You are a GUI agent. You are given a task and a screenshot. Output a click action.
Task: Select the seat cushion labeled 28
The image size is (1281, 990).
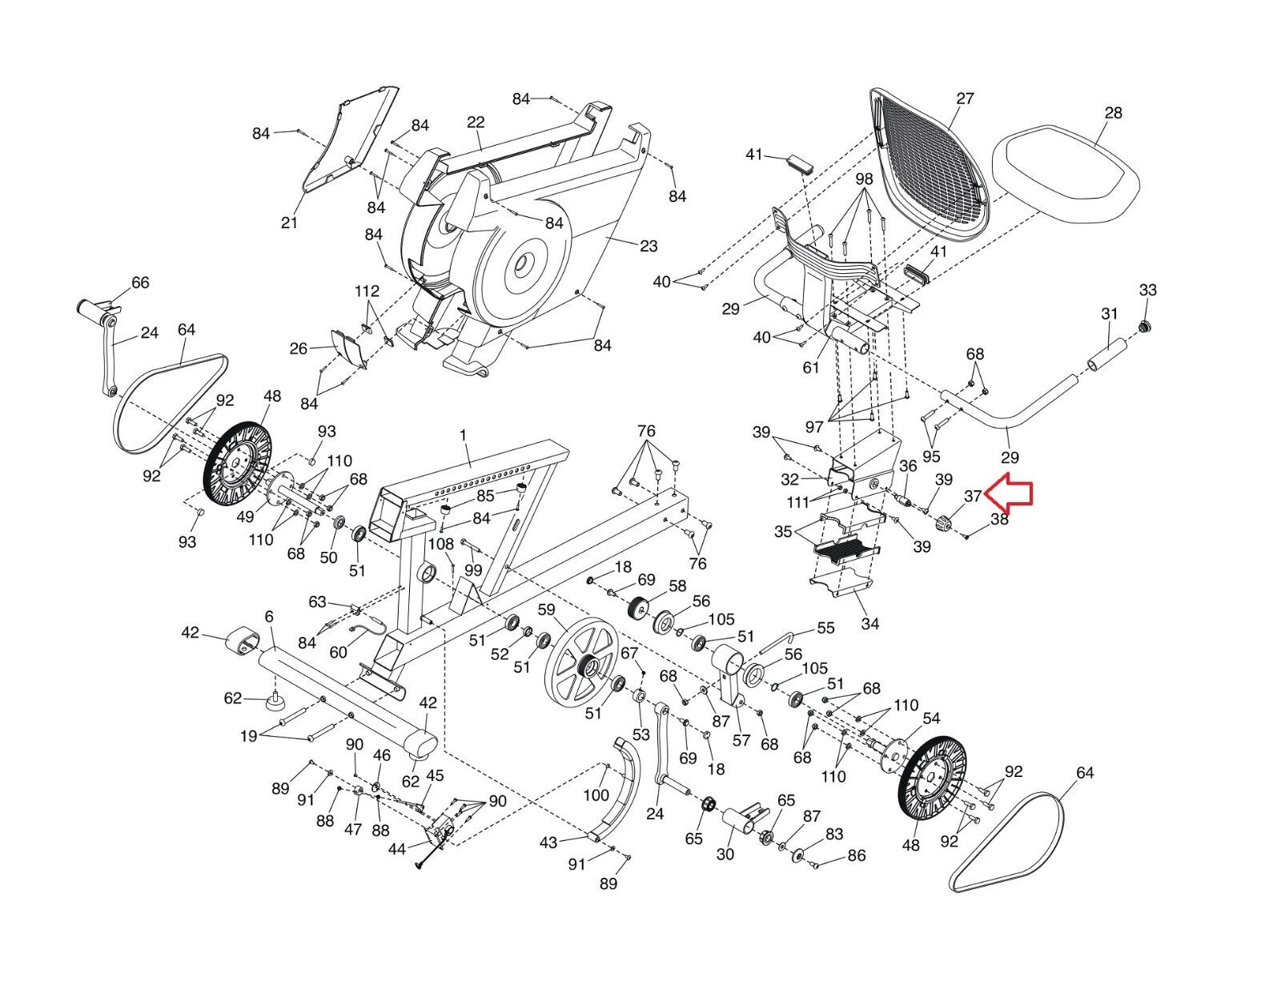(1066, 173)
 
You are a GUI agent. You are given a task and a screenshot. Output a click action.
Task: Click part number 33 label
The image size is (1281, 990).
(1147, 289)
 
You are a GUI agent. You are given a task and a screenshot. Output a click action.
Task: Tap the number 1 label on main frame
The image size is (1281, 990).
(463, 435)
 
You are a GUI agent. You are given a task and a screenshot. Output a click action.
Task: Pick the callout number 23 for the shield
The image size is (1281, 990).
(648, 246)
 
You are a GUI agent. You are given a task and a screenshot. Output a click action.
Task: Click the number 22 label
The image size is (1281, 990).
(475, 122)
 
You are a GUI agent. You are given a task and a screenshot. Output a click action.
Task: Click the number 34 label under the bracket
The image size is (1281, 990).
(869, 623)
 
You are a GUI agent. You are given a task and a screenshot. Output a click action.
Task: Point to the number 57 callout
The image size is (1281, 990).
(741, 739)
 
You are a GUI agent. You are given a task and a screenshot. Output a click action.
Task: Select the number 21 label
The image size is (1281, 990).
(289, 223)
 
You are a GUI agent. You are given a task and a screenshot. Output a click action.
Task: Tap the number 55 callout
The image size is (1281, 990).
(826, 628)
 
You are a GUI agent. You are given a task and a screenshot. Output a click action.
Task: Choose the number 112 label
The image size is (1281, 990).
(367, 291)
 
